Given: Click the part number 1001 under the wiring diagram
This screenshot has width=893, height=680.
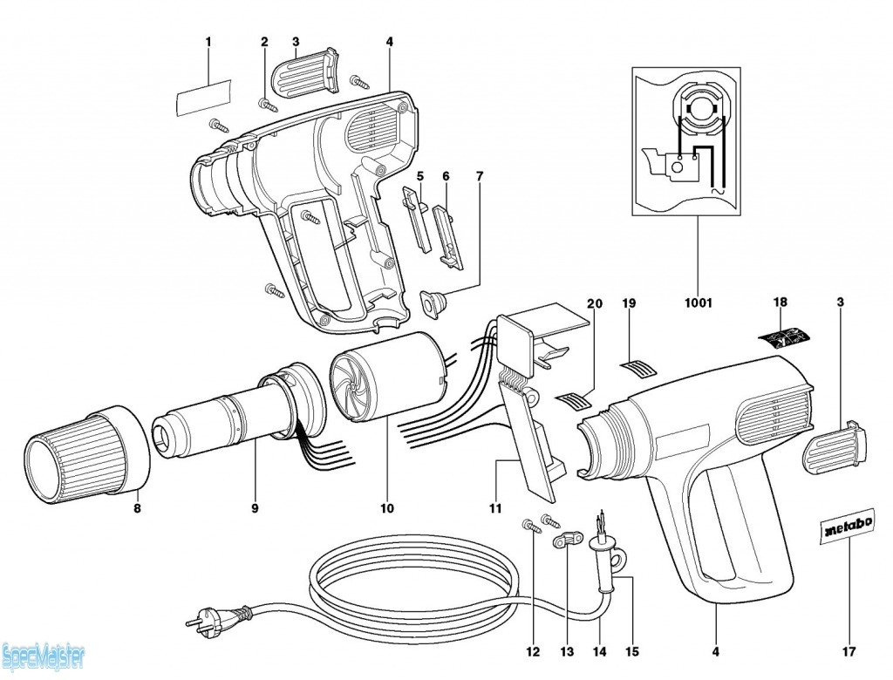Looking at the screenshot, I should pos(698,303).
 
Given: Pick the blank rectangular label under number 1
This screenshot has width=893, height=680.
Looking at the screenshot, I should pos(203,95).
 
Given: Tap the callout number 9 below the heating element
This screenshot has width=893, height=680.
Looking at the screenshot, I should pos(256,508).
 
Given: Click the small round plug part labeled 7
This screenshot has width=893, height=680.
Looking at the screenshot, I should pos(433,304).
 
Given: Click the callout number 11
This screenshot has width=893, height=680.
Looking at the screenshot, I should pos(495,508).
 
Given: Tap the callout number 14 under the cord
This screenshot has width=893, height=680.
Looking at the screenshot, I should pos(600,651).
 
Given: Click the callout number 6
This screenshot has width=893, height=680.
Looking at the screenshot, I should pos(446,176).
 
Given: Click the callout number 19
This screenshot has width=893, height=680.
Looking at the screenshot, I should pos(629,303).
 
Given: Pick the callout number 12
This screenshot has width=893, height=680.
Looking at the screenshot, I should pos(533,651).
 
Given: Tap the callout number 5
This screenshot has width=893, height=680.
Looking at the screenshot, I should pos(419,176).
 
